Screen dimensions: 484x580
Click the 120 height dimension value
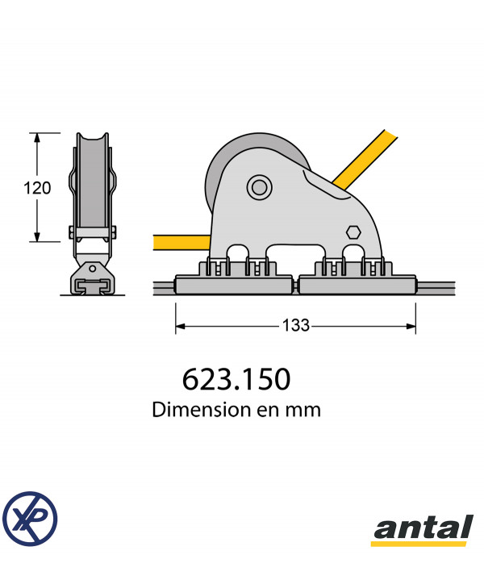pos(37,188)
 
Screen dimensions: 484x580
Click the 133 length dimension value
pos(296,326)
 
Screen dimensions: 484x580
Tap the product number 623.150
pos(236,379)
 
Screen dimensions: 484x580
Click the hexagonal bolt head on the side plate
pos(353,232)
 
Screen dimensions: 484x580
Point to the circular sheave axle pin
pos(260,187)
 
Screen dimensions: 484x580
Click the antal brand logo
pos(423,530)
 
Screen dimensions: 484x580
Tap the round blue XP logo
pos(30,519)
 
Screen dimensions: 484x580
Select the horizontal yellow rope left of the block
pos(181,243)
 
